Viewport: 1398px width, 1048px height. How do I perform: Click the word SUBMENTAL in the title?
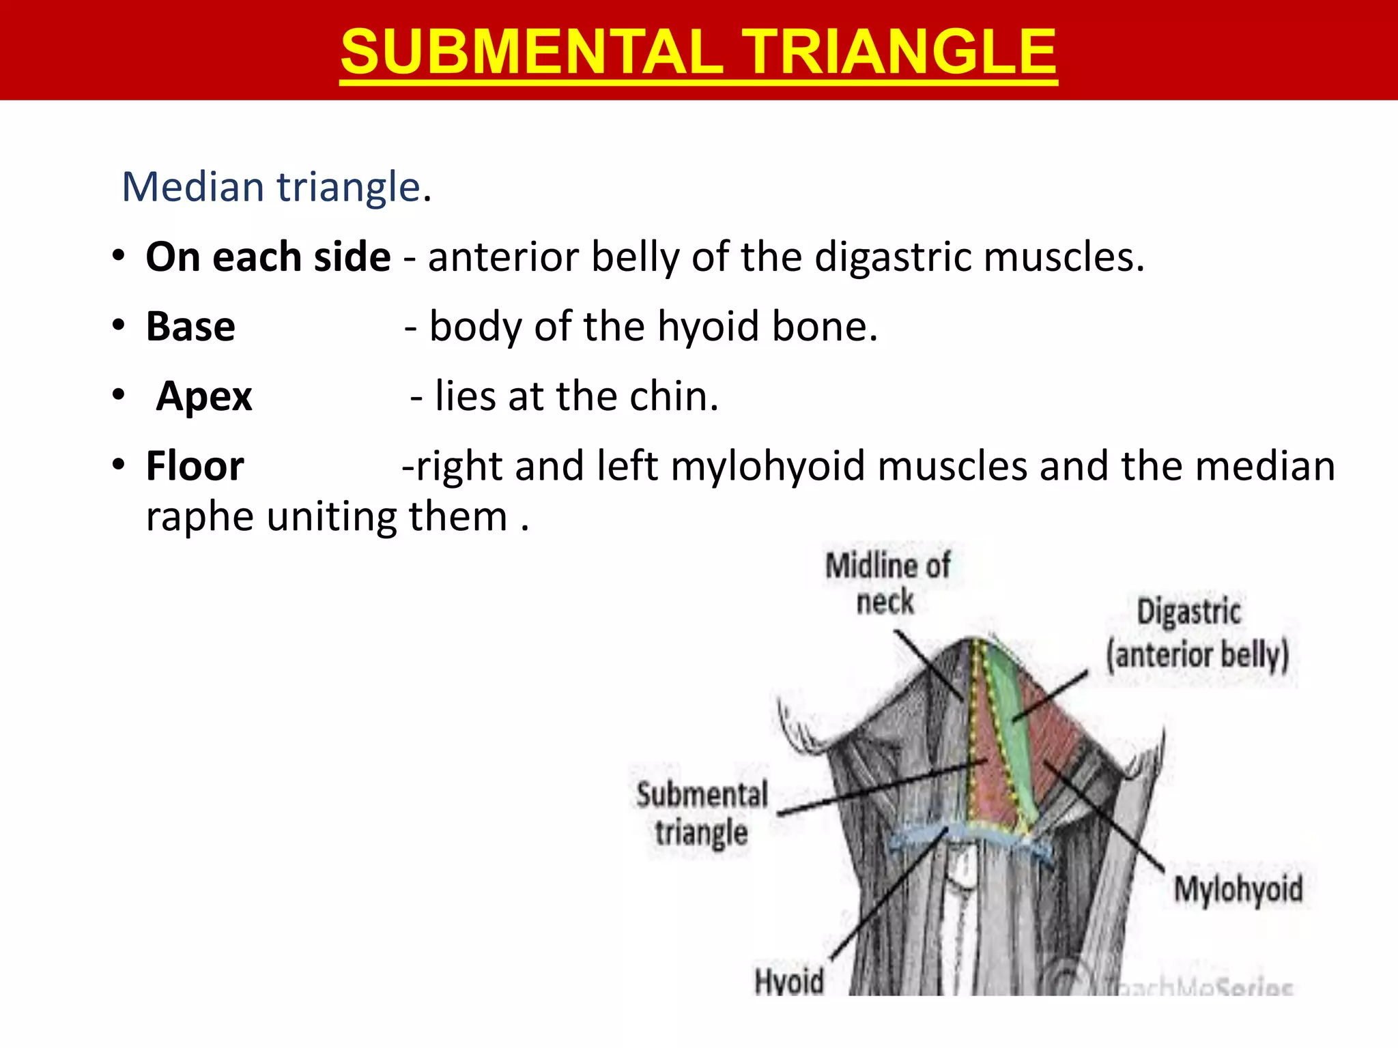click(x=531, y=53)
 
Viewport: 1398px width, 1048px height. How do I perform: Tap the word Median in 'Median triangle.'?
click(x=193, y=187)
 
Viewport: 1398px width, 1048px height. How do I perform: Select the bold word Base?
click(x=190, y=327)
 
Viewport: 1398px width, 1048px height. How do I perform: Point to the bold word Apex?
click(x=204, y=396)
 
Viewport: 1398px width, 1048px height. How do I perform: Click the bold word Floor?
click(x=195, y=467)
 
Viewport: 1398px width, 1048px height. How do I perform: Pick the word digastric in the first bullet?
click(x=894, y=258)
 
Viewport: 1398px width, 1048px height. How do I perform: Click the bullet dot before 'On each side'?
click(x=119, y=257)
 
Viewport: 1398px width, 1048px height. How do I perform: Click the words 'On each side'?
click(x=268, y=257)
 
